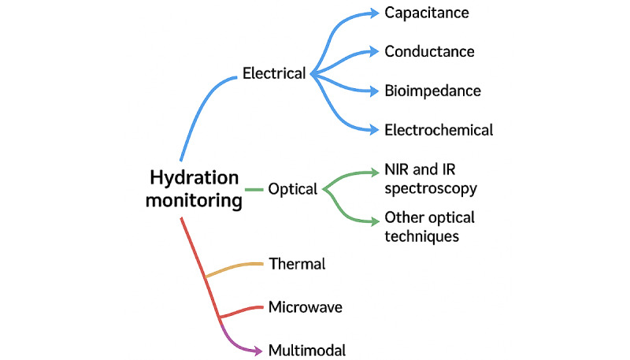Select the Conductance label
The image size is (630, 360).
[x=429, y=52]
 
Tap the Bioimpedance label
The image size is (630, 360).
[x=432, y=91]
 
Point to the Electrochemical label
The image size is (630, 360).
[x=439, y=130]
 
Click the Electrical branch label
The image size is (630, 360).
[x=274, y=74]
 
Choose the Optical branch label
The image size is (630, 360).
[x=292, y=189]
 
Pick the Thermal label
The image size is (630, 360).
[x=297, y=264]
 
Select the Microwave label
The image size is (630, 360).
[x=305, y=306]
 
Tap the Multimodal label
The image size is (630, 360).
[x=307, y=350]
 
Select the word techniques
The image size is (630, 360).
[x=421, y=236]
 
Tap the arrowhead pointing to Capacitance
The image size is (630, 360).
[x=372, y=13]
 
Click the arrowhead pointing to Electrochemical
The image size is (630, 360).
[x=372, y=128]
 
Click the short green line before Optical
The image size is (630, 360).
[x=253, y=190]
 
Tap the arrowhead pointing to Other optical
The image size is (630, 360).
[x=372, y=221]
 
